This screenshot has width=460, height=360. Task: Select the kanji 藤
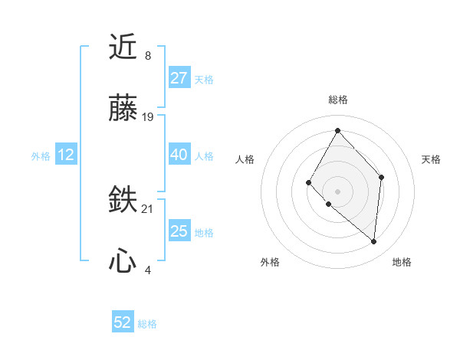123,110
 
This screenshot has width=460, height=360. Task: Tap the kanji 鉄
123,201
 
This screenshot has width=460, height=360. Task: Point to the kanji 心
123,263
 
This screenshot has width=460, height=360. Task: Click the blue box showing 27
179,78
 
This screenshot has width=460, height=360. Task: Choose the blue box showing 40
179,155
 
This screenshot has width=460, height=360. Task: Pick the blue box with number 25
179,231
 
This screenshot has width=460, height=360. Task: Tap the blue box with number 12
66,155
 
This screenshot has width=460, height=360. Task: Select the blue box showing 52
123,322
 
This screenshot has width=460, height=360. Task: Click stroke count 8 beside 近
148,56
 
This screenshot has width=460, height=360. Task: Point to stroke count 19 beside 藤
148,117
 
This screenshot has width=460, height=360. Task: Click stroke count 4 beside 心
148,270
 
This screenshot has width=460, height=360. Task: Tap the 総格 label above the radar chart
337,100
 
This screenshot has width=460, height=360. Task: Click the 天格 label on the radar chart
431,159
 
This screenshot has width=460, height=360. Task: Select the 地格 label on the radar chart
402,262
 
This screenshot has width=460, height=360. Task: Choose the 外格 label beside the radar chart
270,262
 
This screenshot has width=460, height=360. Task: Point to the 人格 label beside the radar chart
245,159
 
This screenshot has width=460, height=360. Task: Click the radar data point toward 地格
374,242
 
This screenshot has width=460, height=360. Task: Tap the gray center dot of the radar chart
337,191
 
